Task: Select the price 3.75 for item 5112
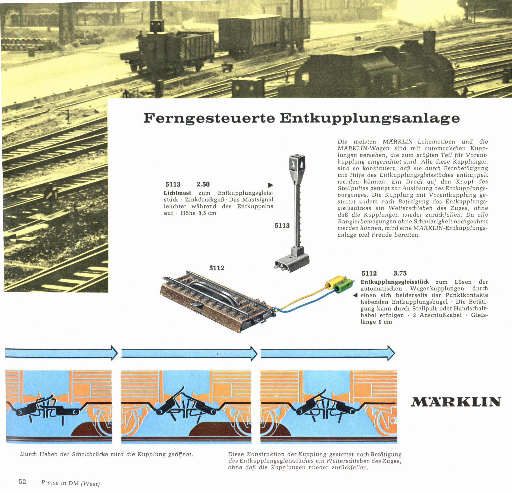[x=400, y=273]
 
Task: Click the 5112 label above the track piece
[x=217, y=268]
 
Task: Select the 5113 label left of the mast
[x=282, y=225]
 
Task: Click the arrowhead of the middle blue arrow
[x=254, y=353]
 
